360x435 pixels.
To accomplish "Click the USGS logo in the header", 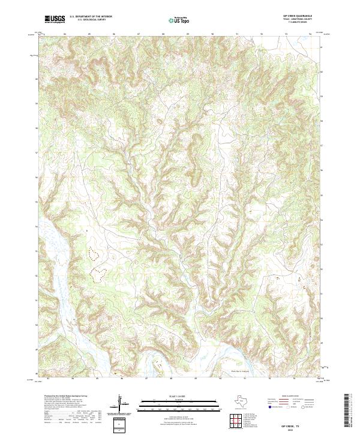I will [55, 19].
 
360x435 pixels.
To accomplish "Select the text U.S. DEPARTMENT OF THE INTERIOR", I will [90, 17].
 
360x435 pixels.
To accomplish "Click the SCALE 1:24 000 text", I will [173, 396].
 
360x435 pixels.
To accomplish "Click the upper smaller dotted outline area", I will [93, 254].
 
